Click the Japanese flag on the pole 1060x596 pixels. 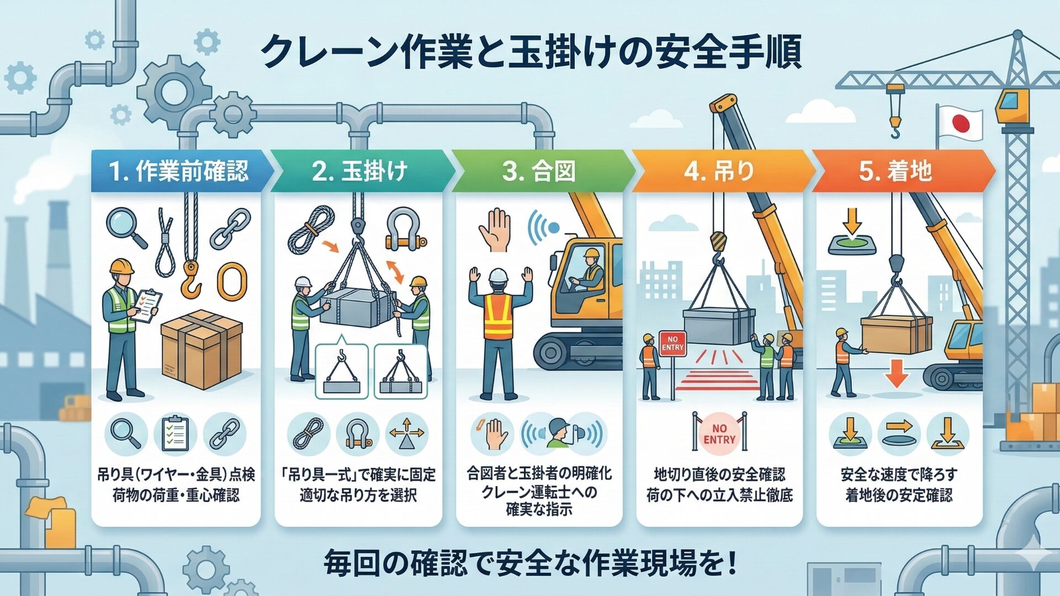point(961,124)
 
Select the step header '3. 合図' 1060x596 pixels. point(538,171)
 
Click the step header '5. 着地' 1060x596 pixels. point(895,171)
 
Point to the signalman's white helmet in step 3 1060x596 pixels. point(498,274)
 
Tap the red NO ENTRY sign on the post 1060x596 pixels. point(672,343)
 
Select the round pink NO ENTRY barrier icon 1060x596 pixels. point(719,434)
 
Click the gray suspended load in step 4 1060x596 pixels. point(718,326)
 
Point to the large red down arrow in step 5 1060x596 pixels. point(896,372)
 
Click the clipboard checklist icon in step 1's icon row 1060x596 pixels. point(175,434)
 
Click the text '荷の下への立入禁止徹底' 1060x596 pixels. point(719,495)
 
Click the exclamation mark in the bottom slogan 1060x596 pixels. point(732,563)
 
